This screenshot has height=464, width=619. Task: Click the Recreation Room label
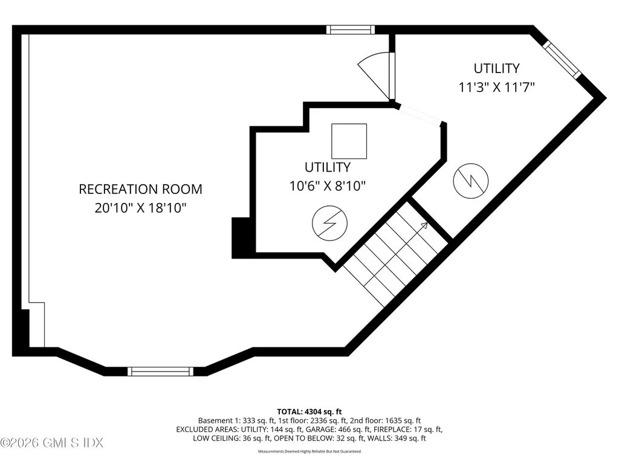click(x=140, y=189)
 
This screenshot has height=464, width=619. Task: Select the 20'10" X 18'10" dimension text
click(x=140, y=208)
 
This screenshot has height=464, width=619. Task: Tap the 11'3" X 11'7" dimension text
click(x=496, y=87)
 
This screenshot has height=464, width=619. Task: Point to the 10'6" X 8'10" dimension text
click(x=327, y=185)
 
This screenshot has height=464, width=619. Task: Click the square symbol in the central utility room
click(x=349, y=141)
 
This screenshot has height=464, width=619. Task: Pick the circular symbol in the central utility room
click(x=329, y=222)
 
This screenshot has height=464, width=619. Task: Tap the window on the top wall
click(x=351, y=29)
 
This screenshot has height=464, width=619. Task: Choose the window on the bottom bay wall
click(x=161, y=371)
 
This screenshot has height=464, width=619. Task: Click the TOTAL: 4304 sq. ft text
click(x=309, y=411)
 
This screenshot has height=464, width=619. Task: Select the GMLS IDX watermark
click(x=52, y=443)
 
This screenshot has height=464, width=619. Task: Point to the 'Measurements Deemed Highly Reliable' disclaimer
click(x=309, y=451)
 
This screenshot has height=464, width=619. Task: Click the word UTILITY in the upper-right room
click(x=496, y=68)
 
